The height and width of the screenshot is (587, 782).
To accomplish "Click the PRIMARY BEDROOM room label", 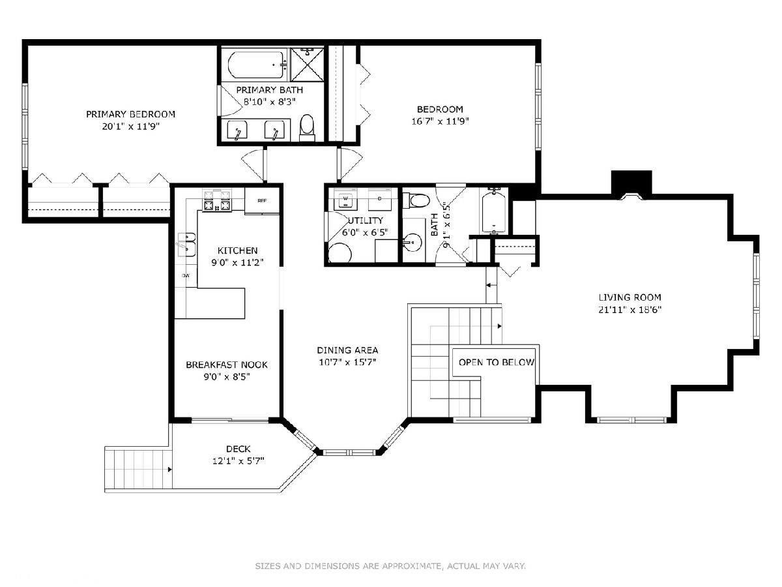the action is click(130, 114).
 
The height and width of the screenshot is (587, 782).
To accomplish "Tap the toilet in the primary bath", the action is click(307, 129).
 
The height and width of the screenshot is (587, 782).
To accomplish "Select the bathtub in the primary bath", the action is click(257, 65).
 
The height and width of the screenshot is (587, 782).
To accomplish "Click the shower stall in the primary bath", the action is click(307, 64).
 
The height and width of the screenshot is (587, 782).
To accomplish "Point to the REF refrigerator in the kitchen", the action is click(262, 202).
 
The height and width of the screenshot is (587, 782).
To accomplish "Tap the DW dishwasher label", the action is click(186, 275).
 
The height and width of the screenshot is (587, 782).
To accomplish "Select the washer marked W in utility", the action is click(345, 200).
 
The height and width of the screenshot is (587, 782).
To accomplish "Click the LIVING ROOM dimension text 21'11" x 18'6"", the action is click(630, 309).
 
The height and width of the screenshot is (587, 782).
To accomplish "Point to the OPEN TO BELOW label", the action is click(497, 363).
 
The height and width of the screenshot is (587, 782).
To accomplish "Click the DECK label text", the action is click(239, 449).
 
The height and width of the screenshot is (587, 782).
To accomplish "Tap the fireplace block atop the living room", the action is click(631, 183).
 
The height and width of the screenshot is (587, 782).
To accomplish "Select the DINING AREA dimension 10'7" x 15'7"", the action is click(347, 362).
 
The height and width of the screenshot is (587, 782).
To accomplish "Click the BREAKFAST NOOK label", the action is click(227, 365).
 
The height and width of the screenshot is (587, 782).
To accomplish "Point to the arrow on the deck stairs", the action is click(170, 470).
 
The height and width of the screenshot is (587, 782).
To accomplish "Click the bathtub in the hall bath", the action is click(493, 212).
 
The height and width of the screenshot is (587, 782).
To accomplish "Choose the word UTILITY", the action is click(365, 220).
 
